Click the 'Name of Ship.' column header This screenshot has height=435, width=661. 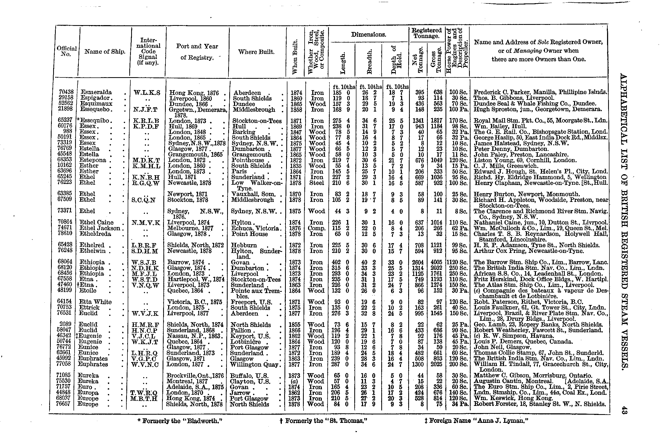click(x=105, y=52)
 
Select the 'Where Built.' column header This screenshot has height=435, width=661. click(x=256, y=52)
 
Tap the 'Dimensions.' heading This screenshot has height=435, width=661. click(x=369, y=35)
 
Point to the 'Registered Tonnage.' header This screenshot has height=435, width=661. click(x=426, y=33)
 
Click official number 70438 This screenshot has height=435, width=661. click(x=66, y=92)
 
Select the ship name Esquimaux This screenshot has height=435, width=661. click(x=96, y=104)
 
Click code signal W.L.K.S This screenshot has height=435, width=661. click(x=147, y=93)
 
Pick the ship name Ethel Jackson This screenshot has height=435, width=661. click(x=100, y=228)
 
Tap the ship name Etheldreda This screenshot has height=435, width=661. click(x=95, y=234)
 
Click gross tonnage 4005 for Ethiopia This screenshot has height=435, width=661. click(x=436, y=262)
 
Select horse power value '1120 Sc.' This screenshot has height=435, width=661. click(x=457, y=262)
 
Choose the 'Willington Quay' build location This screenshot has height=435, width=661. click(x=254, y=364)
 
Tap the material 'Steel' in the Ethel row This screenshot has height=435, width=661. click(x=316, y=183)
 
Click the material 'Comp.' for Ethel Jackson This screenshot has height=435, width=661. click(x=316, y=228)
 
